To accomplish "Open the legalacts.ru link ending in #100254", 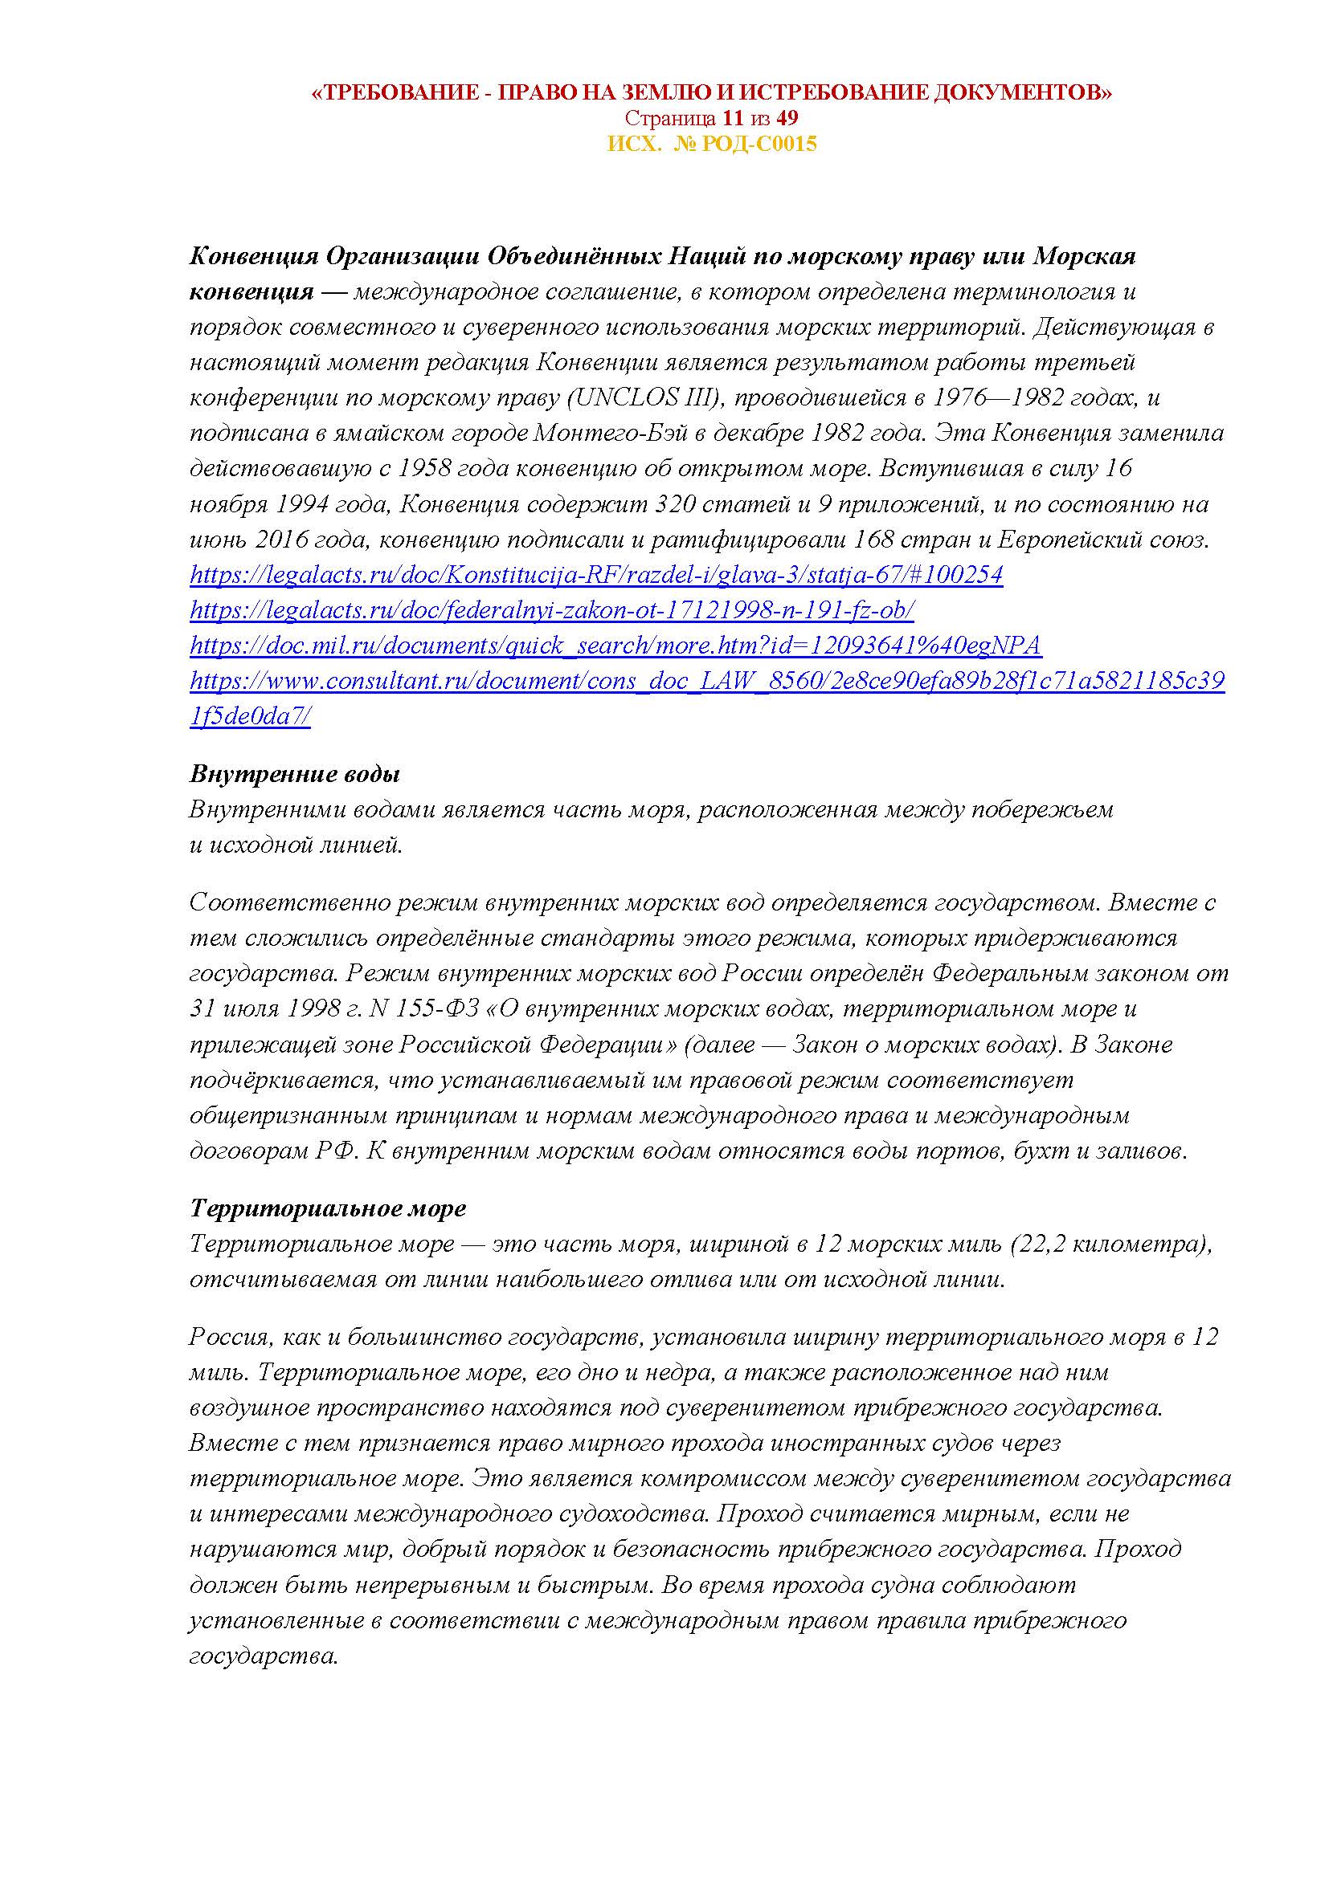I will tap(595, 576).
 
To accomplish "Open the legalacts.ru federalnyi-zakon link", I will tap(551, 611).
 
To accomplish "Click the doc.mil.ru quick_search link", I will tap(615, 646).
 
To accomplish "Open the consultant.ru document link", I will tap(707, 682).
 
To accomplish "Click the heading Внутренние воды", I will tap(295, 774).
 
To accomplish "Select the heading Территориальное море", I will tap(327, 1208).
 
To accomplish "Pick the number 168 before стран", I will tap(875, 540).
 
